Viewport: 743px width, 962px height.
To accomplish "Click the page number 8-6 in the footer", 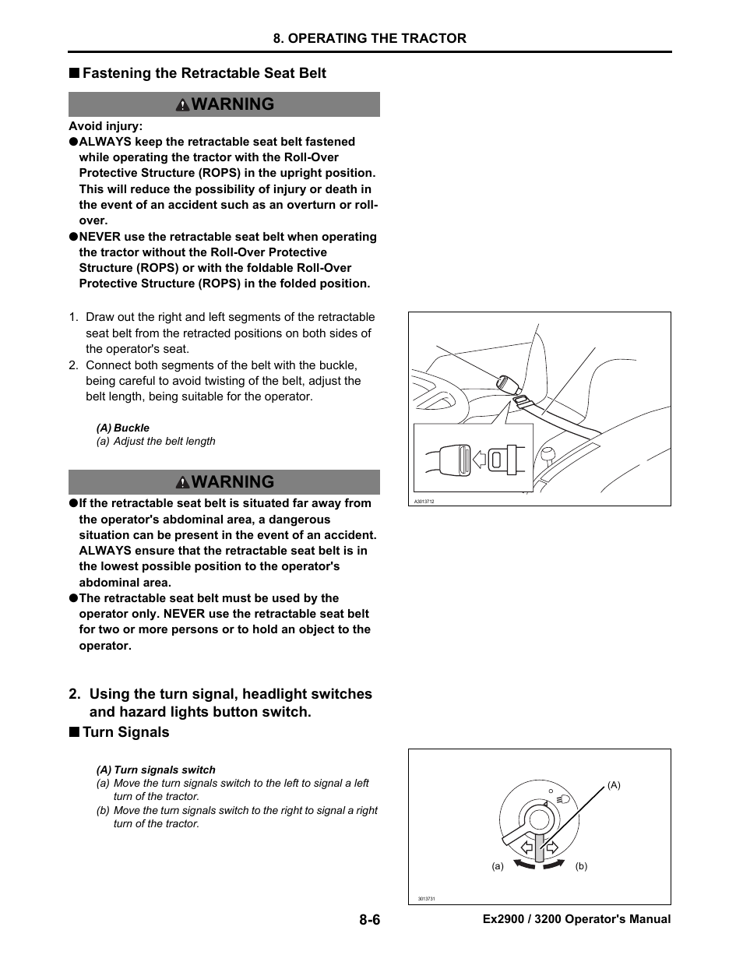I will tap(369, 919).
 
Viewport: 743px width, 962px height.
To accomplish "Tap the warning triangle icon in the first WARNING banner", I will tap(182, 105).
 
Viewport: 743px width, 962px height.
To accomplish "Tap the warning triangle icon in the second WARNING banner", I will tap(182, 483).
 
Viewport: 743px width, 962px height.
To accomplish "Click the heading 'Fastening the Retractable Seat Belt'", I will tap(204, 73).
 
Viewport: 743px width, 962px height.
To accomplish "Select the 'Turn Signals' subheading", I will tap(125, 732).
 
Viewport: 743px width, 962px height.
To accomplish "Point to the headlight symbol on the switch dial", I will tap(564, 798).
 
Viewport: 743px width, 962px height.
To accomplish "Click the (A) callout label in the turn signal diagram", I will tap(614, 785).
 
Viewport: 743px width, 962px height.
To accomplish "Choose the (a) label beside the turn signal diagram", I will tap(497, 866).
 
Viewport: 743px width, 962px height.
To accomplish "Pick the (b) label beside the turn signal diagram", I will tap(581, 866).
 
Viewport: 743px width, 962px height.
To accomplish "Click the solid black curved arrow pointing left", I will tap(523, 862).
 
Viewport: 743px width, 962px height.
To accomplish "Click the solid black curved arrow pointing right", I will tap(554, 862).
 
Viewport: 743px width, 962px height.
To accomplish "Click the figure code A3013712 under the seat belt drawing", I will tap(424, 502).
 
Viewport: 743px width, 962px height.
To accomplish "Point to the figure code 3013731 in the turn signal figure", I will tap(426, 899).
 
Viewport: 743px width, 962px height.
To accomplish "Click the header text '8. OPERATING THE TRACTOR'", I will tap(369, 38).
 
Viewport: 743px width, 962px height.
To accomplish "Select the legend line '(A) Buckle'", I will tap(123, 428).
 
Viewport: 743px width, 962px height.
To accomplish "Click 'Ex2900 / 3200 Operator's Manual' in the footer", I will tap(576, 919).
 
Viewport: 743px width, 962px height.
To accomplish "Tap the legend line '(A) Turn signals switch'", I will tap(156, 770).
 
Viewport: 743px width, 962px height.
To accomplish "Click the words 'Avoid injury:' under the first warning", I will tap(105, 126).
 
